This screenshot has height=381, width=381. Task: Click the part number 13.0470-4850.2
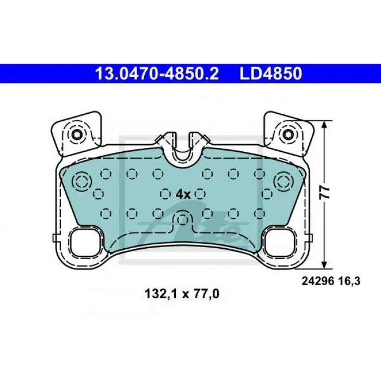(x=157, y=73)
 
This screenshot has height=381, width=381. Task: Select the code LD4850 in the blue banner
(x=271, y=73)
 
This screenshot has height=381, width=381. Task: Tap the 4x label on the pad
(x=183, y=194)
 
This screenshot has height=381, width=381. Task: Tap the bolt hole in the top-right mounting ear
(x=288, y=134)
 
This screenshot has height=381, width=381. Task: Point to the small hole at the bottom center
(x=183, y=219)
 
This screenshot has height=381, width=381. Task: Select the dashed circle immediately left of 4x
(x=166, y=193)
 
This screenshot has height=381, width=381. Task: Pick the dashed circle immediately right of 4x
(x=200, y=193)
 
